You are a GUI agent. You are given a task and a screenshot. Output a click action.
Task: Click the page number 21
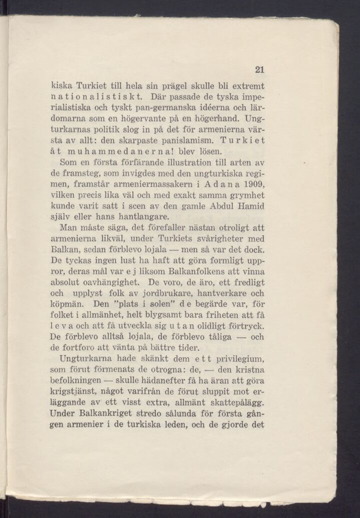tap(259, 70)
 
